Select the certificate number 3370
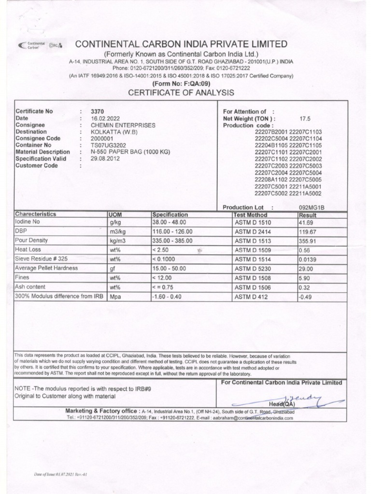pyautogui.click(x=98, y=111)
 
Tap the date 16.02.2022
pyautogui.click(x=105, y=118)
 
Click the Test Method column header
pyautogui.click(x=250, y=214)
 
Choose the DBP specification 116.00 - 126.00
pyautogui.click(x=172, y=232)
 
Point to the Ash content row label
pyautogui.click(x=30, y=287)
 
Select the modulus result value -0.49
pyautogui.click(x=307, y=296)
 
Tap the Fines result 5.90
pyautogui.click(x=305, y=278)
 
